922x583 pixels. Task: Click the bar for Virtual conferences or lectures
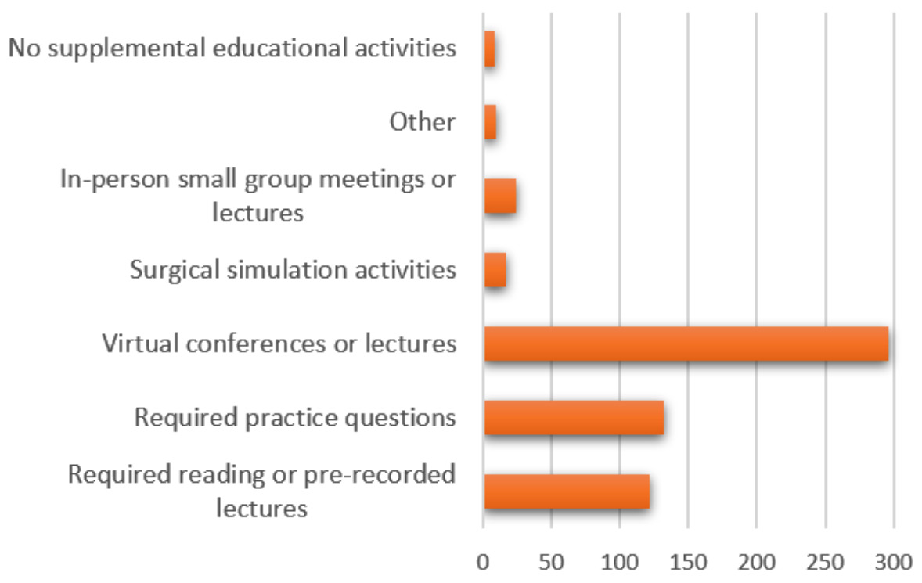[x=686, y=344]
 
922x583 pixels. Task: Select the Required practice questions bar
[x=574, y=418]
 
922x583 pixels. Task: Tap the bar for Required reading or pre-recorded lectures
[x=567, y=491]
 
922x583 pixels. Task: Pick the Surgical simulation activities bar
[x=495, y=271]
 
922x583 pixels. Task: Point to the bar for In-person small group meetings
[x=500, y=196]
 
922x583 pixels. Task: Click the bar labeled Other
[x=490, y=123]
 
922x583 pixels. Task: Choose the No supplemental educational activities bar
[x=489, y=49]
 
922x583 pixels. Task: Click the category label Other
[x=422, y=122]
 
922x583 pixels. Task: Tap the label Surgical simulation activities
[x=293, y=271]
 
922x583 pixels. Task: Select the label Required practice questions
[x=294, y=418]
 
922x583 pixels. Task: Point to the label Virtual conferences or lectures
[x=279, y=344]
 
